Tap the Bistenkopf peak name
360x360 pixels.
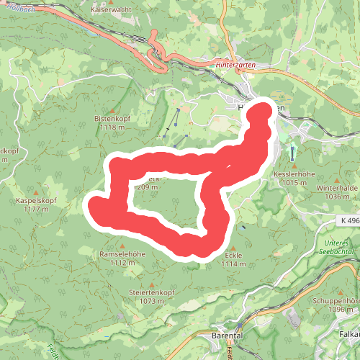click(110, 117)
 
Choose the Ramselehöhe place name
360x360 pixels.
click(122, 255)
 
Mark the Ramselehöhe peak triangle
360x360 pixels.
click(122, 246)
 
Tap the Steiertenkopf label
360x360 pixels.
click(151, 293)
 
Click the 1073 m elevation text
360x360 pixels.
click(151, 302)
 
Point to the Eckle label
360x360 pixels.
click(234, 256)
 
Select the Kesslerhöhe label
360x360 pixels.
click(294, 175)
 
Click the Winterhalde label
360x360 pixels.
click(337, 187)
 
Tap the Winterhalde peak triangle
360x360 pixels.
click(337, 179)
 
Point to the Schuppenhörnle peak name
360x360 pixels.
click(336, 300)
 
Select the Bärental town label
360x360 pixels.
click(230, 336)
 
